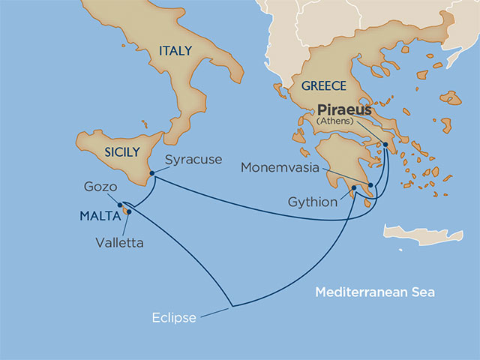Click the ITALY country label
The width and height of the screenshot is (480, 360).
pyautogui.click(x=175, y=51)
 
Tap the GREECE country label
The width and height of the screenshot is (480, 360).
pyautogui.click(x=324, y=86)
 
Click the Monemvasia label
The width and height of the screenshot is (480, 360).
pyautogui.click(x=280, y=167)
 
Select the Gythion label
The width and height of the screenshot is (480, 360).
pyautogui.click(x=313, y=202)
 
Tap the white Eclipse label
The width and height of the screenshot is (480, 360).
pyautogui.click(x=173, y=317)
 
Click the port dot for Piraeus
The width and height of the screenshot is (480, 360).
pyautogui.click(x=385, y=145)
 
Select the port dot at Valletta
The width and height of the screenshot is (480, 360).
pyautogui.click(x=129, y=211)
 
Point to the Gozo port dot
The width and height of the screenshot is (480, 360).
pyautogui.click(x=120, y=203)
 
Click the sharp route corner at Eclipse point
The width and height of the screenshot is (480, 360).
pyautogui.click(x=232, y=306)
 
